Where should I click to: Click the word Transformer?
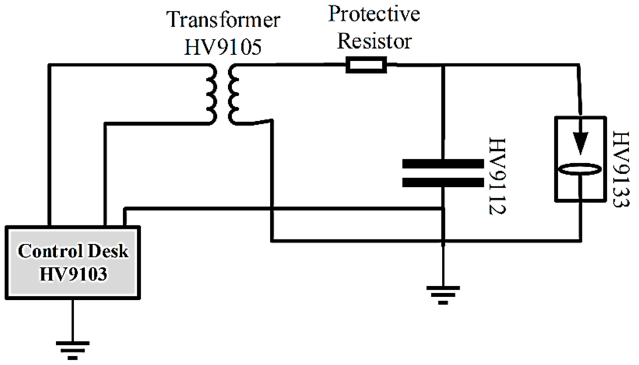coord(223,20)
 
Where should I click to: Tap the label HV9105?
coord(223,47)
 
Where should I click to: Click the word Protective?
coord(374,14)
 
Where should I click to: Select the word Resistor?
coord(374,41)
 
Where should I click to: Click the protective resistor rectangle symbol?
coord(366,65)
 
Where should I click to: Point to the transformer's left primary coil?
coord(212,95)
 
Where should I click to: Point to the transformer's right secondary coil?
coord(233,95)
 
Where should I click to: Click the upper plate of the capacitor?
coord(443,164)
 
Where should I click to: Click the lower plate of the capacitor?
coord(443,182)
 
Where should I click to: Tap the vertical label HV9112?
coord(497,176)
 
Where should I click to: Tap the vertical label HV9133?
coord(621,169)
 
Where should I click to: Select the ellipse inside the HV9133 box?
coord(580,169)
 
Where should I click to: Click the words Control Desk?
coord(73,251)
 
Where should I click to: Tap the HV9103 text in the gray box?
coord(73,274)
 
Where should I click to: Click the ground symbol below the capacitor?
coord(443,295)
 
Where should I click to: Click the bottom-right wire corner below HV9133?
coord(581,240)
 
